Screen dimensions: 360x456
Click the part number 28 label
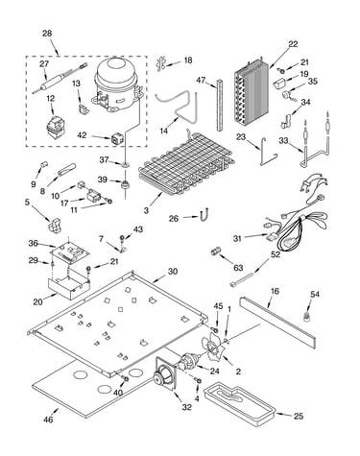(x=47, y=34)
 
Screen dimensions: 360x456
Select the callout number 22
(x=293, y=44)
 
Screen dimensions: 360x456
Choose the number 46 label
(x=48, y=420)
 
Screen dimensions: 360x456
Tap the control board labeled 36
(x=69, y=252)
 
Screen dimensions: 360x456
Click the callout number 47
(x=201, y=81)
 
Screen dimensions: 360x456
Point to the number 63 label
(x=238, y=268)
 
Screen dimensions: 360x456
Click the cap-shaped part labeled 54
(x=307, y=317)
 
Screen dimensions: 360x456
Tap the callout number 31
(x=237, y=238)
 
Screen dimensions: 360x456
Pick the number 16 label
(x=275, y=291)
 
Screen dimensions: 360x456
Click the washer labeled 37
(x=124, y=164)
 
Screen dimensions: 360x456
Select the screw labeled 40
(x=125, y=379)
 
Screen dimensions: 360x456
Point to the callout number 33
(x=283, y=140)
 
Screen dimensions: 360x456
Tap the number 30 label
(x=173, y=272)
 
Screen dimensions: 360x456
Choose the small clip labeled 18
(x=160, y=63)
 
